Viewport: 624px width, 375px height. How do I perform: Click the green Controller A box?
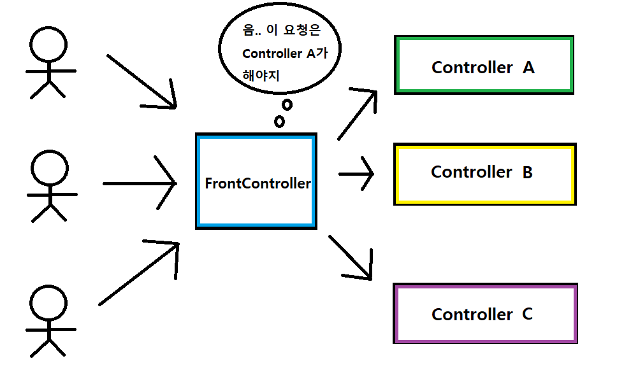pos(484,66)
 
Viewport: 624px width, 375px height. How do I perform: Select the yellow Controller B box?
pos(484,173)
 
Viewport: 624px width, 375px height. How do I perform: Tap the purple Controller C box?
pos(485,313)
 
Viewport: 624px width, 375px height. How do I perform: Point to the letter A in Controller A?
pos(528,67)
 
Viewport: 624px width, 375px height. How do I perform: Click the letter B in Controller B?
pos(527,172)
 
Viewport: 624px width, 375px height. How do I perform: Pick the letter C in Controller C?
pos(527,314)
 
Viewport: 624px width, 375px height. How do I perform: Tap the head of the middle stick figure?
pos(49,167)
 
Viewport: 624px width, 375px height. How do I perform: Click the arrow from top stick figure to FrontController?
pos(141,82)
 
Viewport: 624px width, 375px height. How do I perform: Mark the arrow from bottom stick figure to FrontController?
pos(139,272)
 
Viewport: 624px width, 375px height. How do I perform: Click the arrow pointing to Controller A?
pos(358,115)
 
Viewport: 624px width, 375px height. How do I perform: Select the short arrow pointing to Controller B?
pos(357,173)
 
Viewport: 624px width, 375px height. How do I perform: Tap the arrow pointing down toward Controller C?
pos(351,258)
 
